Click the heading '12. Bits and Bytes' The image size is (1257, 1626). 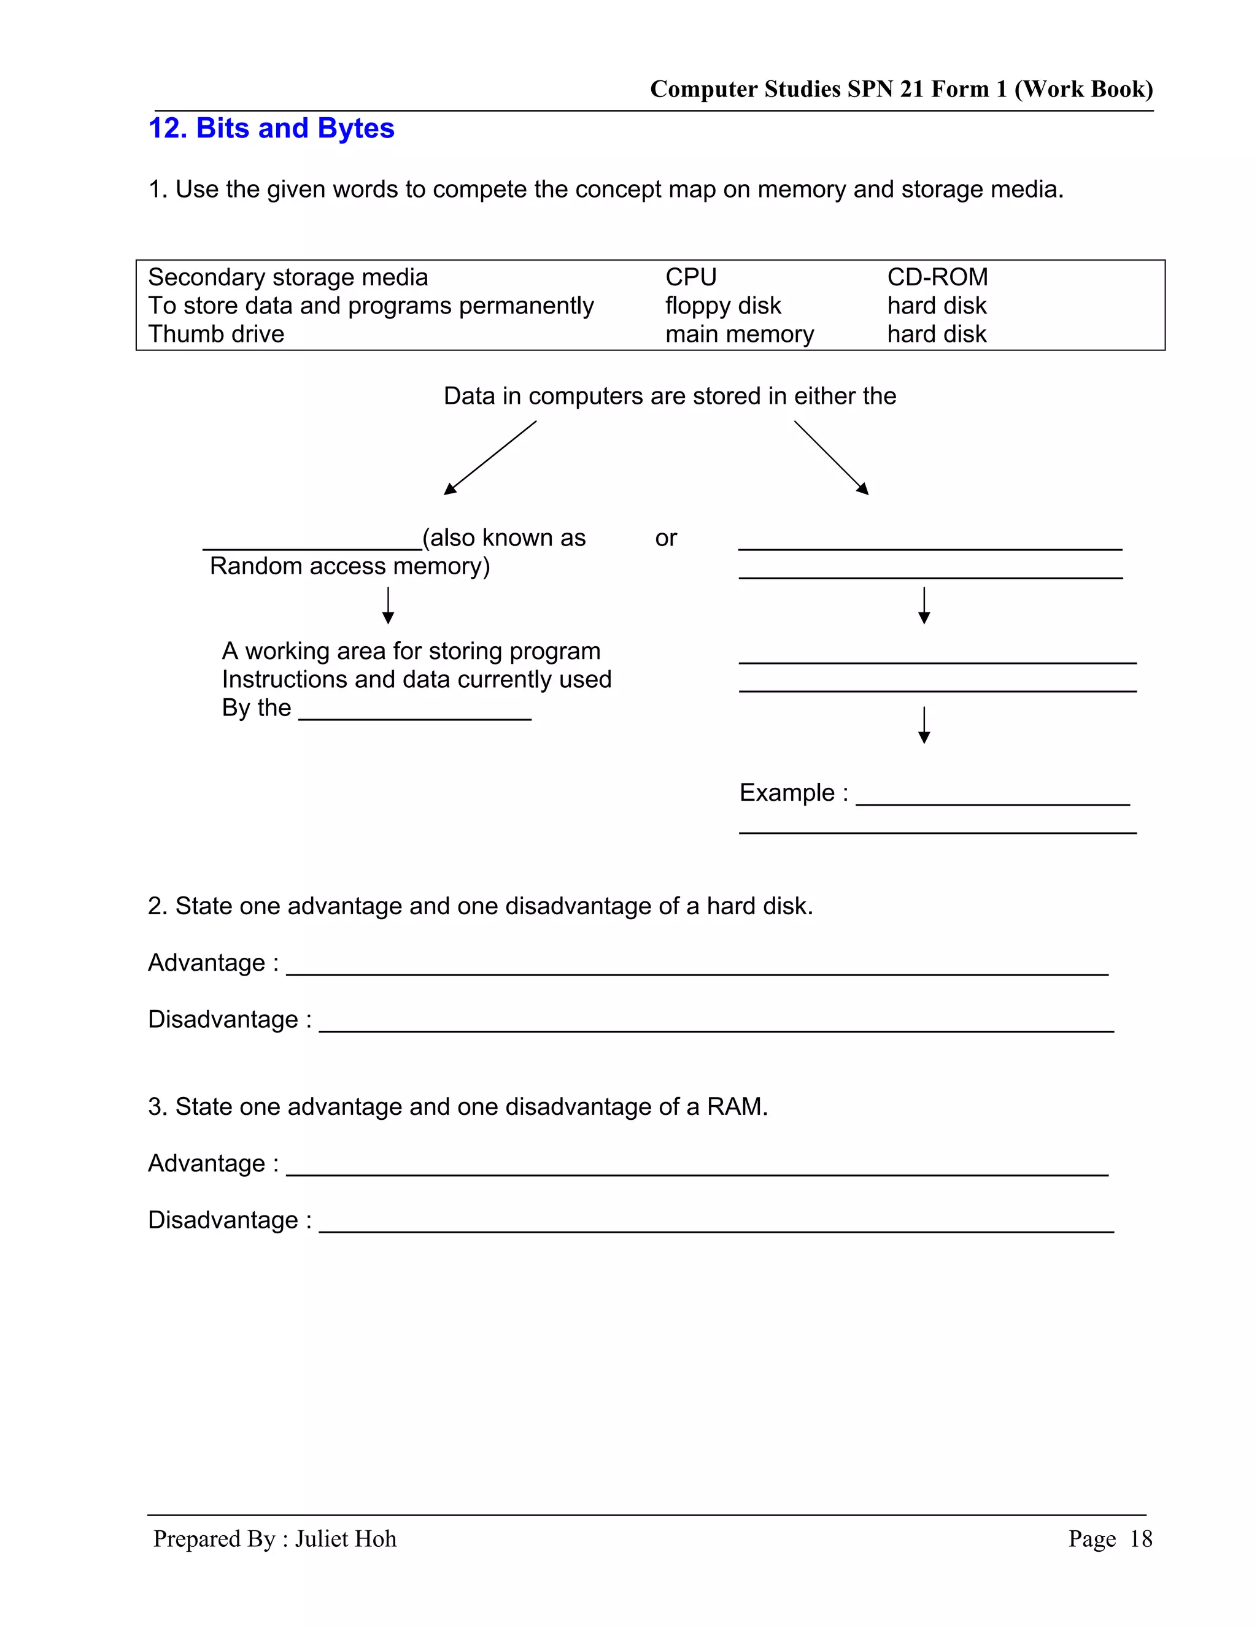coord(271,128)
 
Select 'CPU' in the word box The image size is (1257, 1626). coord(690,277)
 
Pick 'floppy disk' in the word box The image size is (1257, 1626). coord(722,305)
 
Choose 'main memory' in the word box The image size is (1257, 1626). coord(739,334)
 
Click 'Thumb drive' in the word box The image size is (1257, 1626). coord(216,334)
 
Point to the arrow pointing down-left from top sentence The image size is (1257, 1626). coord(489,457)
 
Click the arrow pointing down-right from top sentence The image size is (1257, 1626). coord(832,457)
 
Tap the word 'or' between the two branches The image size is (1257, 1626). coord(666,538)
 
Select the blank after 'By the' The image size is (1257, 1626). coord(415,716)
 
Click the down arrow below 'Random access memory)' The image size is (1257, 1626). coord(388,604)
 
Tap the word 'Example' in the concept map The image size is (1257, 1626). coord(786,792)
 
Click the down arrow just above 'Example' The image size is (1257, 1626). coord(924,725)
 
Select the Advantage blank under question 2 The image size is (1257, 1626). coord(697,971)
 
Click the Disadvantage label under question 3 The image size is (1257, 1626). coord(223,1220)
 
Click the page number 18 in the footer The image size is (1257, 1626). coord(1140,1538)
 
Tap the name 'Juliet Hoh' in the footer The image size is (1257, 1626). coord(346,1538)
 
